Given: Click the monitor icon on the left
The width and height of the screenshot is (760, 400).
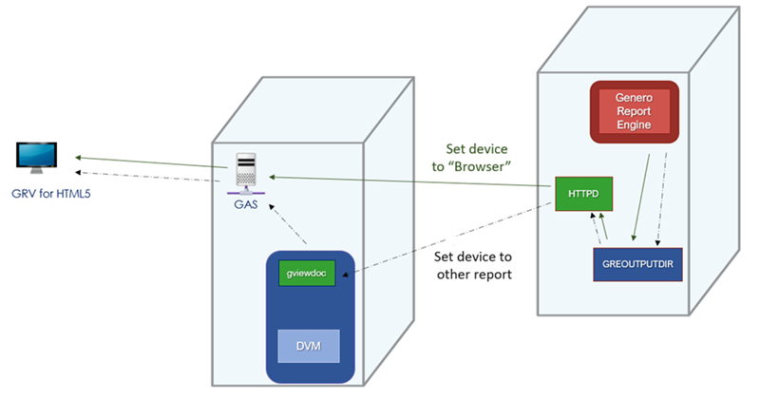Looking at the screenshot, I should [37, 158].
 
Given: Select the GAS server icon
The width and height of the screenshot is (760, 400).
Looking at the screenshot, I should [248, 171].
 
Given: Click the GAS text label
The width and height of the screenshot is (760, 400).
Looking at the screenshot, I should [248, 200].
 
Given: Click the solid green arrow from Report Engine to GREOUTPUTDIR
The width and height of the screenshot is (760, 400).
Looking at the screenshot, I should [638, 195].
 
